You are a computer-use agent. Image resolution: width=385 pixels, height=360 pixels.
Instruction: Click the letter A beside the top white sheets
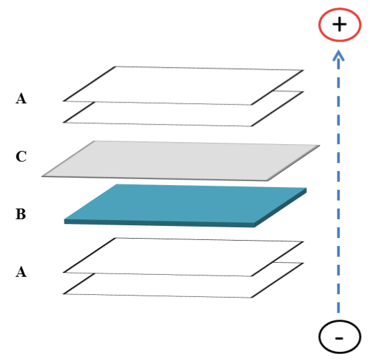point(21,99)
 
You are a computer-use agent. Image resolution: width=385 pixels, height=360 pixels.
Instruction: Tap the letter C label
point(21,156)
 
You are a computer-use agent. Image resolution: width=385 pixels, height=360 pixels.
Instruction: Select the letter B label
point(21,214)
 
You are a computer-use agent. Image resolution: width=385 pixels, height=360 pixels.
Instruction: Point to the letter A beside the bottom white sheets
point(21,272)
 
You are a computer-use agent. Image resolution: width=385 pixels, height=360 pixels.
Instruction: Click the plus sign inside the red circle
point(339,24)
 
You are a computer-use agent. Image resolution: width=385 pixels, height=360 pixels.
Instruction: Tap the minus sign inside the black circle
point(339,339)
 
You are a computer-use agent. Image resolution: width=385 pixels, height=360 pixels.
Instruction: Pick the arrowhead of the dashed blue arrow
point(339,55)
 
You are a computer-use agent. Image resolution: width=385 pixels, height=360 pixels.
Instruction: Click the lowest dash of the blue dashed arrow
point(339,308)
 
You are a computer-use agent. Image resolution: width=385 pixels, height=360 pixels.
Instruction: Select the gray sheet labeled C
point(180,161)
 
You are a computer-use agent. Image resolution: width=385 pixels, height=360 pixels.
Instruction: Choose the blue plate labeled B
point(185,206)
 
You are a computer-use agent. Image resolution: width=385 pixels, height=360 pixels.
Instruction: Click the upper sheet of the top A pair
point(183,86)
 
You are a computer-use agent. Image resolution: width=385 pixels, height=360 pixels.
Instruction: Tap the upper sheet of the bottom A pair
point(183,257)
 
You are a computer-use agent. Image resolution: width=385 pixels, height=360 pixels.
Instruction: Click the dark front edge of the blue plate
point(159,223)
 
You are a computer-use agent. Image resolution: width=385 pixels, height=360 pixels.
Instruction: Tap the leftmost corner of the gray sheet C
point(42,176)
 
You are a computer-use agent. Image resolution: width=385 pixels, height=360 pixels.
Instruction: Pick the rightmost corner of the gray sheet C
point(320,145)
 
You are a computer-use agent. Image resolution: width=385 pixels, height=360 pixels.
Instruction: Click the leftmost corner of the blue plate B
point(64,219)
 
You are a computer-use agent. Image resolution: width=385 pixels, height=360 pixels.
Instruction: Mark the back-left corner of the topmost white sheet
point(115,66)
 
